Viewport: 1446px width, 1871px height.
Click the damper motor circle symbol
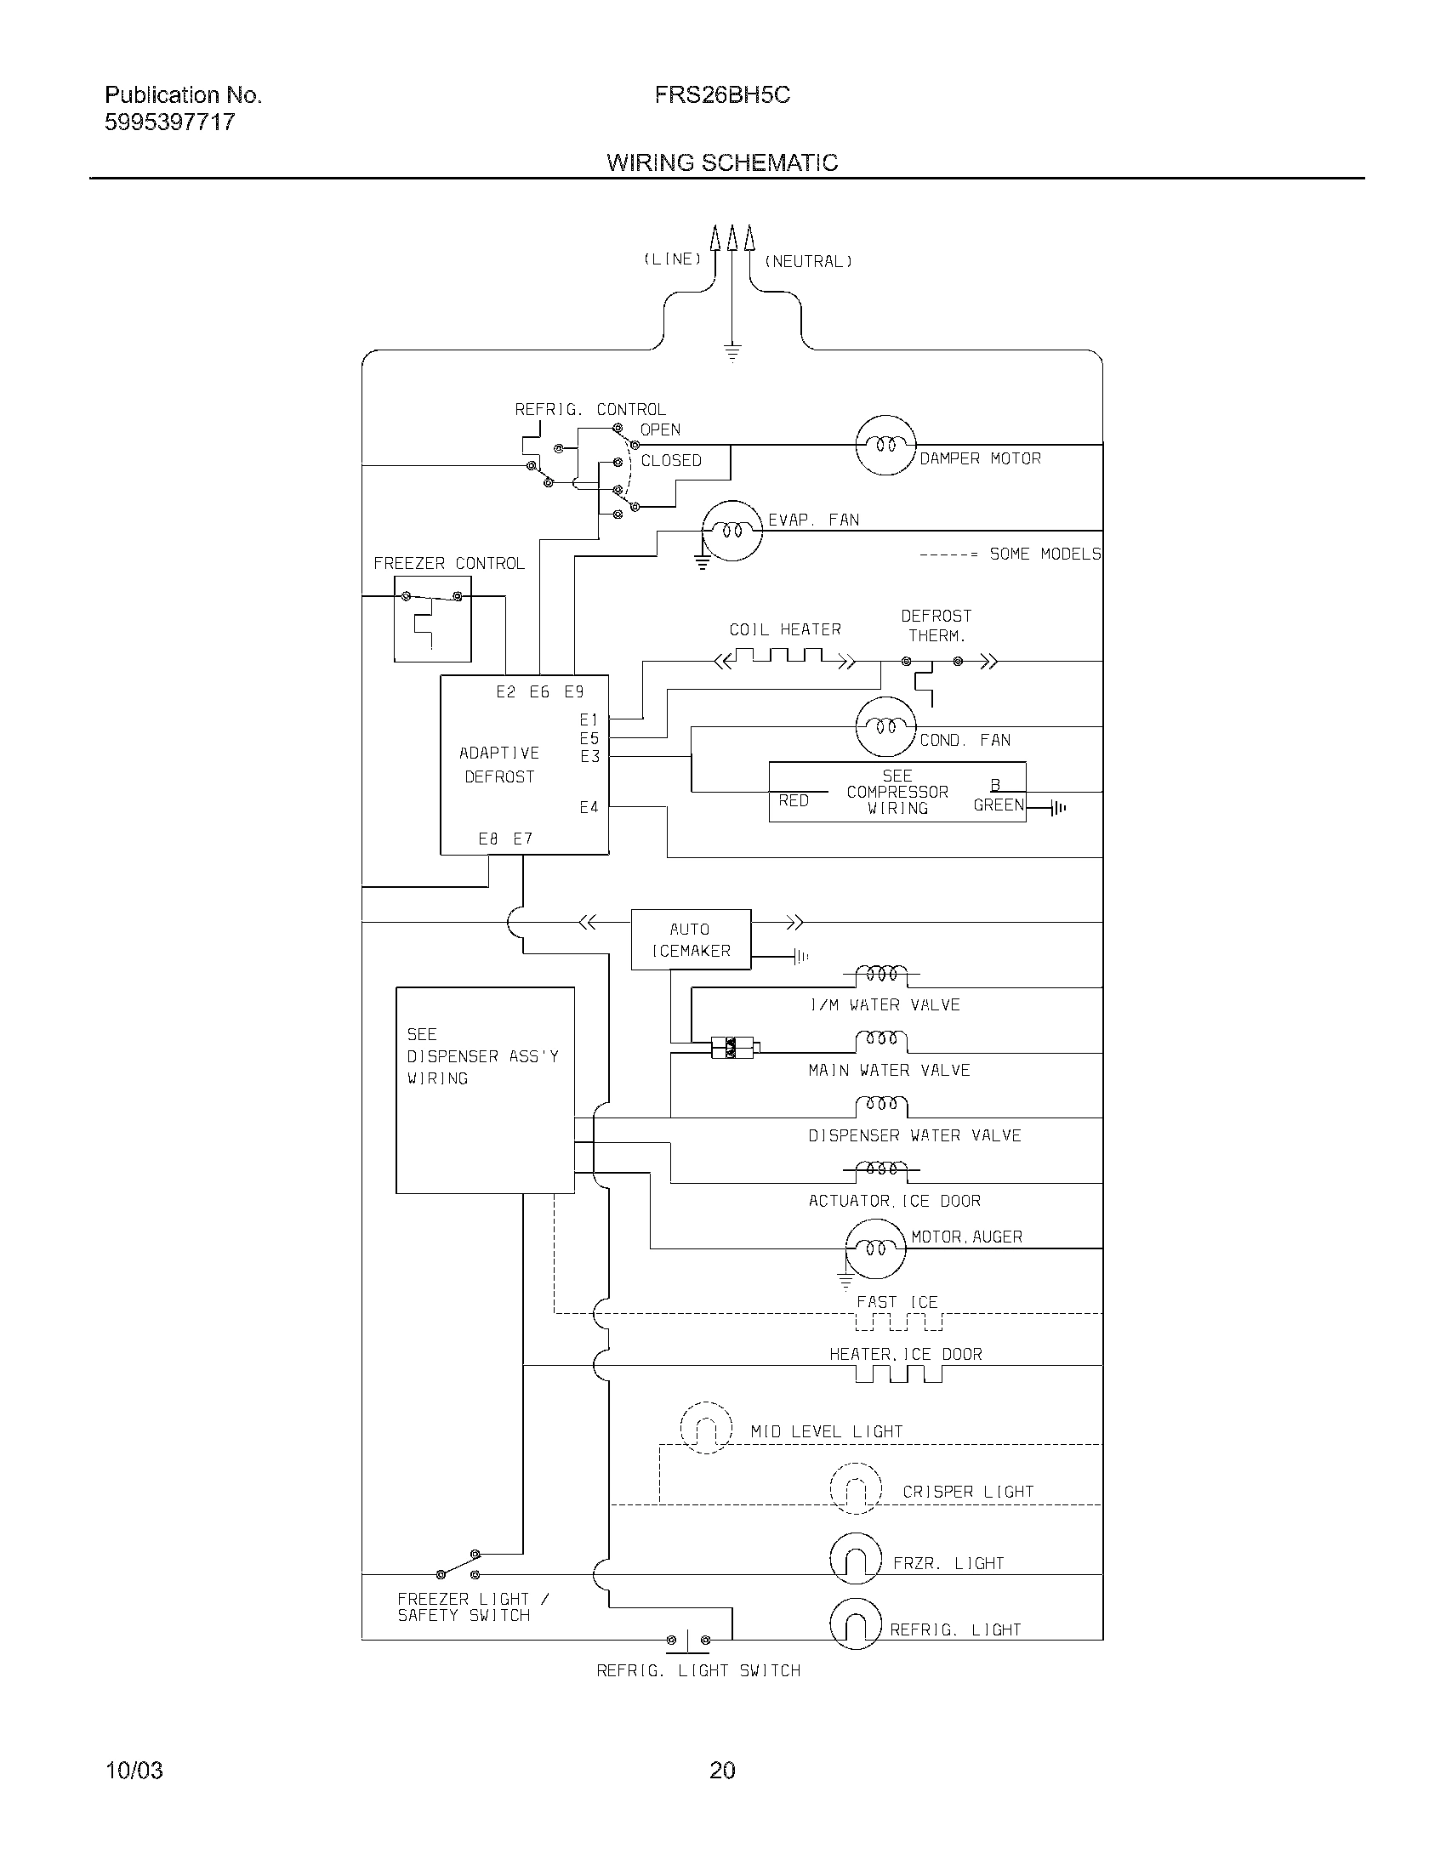pos(885,446)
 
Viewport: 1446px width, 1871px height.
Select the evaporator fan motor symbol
pos(732,532)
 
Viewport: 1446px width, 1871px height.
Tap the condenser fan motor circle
pos(885,727)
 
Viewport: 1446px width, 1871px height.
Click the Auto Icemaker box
pos(691,940)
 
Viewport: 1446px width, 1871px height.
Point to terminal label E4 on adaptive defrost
pos(589,807)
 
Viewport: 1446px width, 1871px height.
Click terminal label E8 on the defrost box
pos(487,839)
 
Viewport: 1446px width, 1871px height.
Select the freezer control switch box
pos(432,618)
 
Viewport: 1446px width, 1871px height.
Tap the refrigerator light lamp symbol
pos(855,1624)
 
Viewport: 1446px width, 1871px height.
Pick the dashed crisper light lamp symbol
pos(855,1488)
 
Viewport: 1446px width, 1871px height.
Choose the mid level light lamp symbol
pos(706,1428)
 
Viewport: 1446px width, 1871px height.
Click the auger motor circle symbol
pos(874,1249)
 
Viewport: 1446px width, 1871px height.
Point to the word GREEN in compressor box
pos(998,805)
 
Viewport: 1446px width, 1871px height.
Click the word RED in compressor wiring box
pos(794,801)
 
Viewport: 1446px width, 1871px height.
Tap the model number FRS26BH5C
pos(721,95)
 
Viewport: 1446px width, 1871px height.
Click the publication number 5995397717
pos(169,122)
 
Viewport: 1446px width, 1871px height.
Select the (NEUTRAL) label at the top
pos(808,261)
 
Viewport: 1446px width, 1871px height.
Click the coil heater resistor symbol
pos(785,658)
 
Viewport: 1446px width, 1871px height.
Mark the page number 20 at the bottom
pos(722,1770)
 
